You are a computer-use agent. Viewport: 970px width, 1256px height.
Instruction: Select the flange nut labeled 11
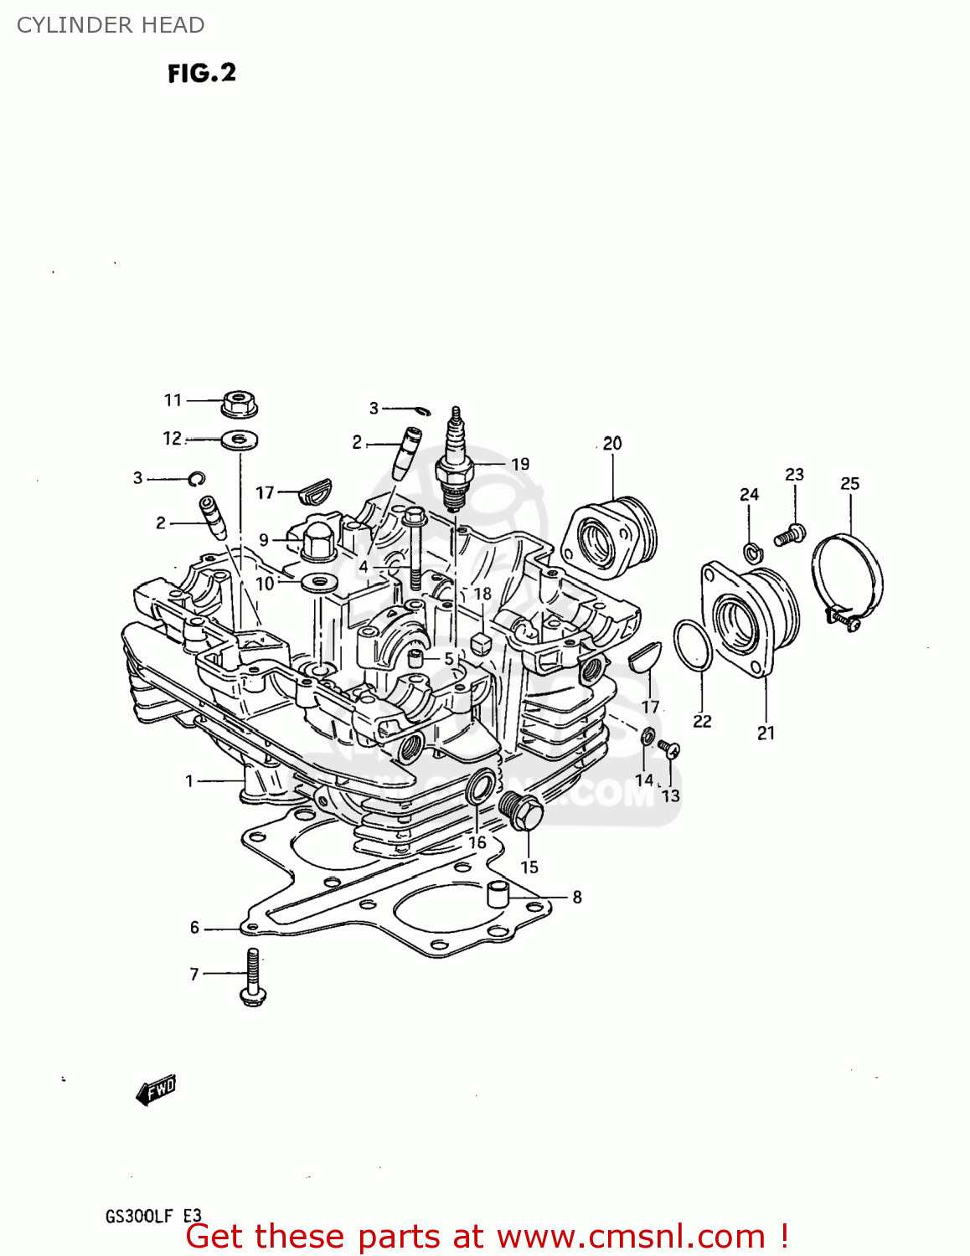pyautogui.click(x=240, y=404)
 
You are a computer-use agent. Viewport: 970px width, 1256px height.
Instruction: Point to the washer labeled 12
pyautogui.click(x=240, y=438)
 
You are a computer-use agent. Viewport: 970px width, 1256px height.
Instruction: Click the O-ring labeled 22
pyautogui.click(x=693, y=646)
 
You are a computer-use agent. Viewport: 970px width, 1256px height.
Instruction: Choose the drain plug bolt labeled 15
pyautogui.click(x=521, y=811)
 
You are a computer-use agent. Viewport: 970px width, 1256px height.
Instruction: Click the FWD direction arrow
pyautogui.click(x=157, y=1090)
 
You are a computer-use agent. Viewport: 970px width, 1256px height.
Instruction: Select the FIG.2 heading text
pyautogui.click(x=202, y=74)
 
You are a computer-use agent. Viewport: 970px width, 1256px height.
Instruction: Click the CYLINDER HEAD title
pyautogui.click(x=111, y=25)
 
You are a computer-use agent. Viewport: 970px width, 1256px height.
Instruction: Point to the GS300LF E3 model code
pyautogui.click(x=153, y=1216)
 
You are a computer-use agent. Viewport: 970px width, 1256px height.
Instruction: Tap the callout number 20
pyautogui.click(x=612, y=443)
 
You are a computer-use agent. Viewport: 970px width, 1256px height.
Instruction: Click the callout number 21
pyautogui.click(x=766, y=733)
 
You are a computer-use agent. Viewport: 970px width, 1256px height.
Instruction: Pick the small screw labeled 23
pyautogui.click(x=790, y=533)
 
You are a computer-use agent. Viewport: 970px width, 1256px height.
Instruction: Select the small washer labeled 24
pyautogui.click(x=751, y=551)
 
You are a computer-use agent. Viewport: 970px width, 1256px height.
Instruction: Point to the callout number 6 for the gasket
pyautogui.click(x=194, y=927)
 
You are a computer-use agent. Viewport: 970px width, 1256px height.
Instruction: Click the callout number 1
pyautogui.click(x=189, y=780)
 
